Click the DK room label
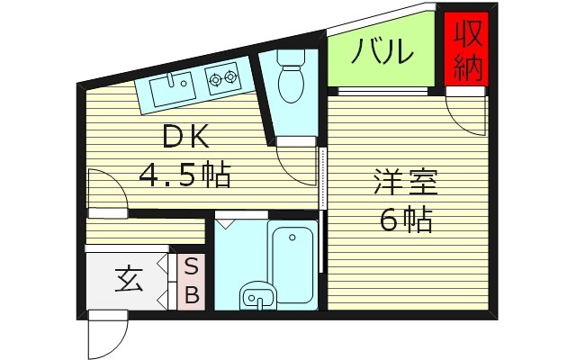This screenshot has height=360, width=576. click(x=185, y=139)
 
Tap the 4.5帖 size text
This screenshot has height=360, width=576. click(x=184, y=174)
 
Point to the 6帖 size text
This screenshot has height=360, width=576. click(x=407, y=220)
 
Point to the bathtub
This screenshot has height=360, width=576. click(x=293, y=262)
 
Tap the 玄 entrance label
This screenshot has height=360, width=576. click(x=127, y=281)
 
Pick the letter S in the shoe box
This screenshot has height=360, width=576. click(x=192, y=267)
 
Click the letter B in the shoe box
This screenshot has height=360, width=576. click(x=192, y=293)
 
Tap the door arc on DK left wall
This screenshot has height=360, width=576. click(x=106, y=192)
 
